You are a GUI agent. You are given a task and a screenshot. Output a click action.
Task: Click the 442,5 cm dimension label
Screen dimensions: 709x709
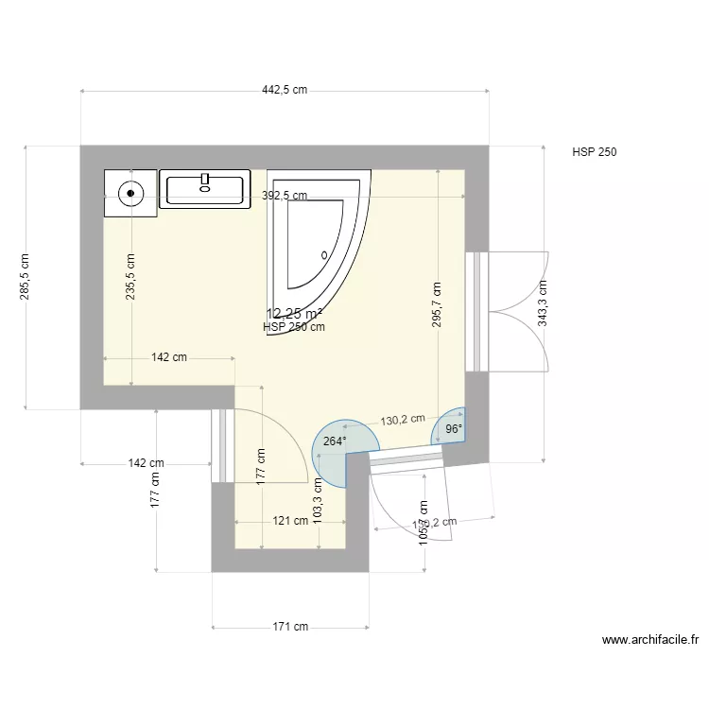(285, 91)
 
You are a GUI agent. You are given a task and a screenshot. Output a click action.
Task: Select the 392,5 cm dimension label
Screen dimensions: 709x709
(285, 197)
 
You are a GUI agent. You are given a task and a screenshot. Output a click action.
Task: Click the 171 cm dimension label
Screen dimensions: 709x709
(290, 627)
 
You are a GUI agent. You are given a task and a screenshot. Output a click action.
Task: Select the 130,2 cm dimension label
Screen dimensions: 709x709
(403, 420)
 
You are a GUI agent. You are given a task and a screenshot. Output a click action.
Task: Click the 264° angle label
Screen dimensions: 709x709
(335, 441)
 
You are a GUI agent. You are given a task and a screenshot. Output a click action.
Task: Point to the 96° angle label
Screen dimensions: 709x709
(454, 429)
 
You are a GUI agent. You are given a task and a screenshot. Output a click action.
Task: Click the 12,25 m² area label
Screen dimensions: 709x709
(294, 314)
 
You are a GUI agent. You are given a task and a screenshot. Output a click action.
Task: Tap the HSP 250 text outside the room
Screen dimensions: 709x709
(595, 152)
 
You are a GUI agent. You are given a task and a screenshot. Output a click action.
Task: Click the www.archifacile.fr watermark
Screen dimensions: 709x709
(650, 640)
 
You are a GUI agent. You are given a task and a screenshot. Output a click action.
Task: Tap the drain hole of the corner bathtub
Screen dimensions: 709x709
(324, 254)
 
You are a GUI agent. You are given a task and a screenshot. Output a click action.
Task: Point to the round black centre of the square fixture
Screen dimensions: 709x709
(130, 193)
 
